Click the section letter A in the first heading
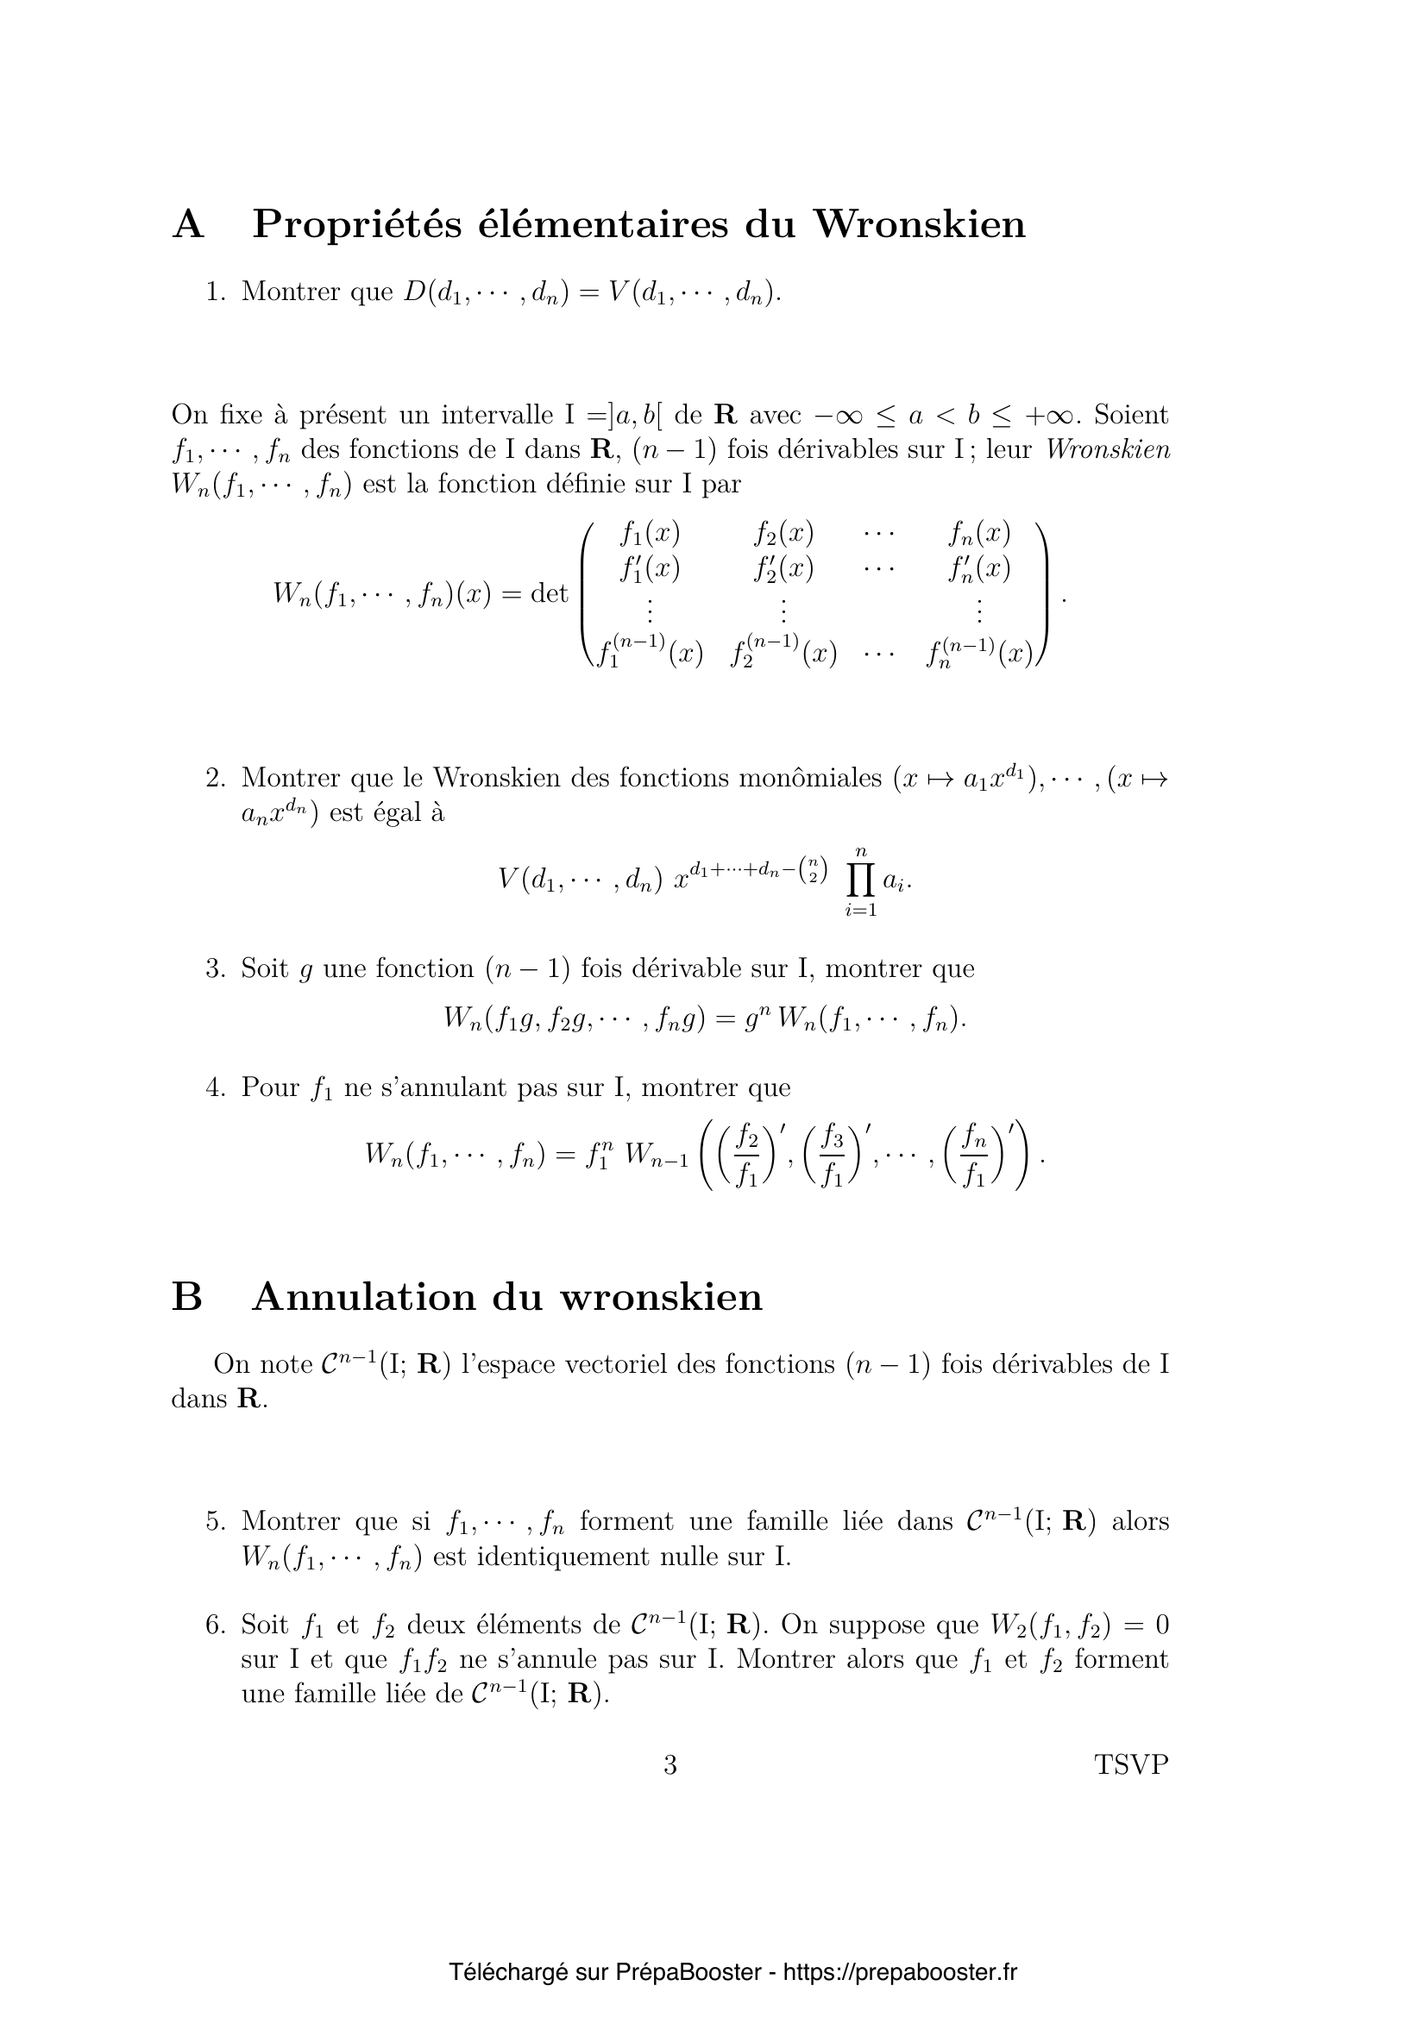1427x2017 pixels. point(188,224)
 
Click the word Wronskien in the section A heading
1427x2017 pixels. point(918,224)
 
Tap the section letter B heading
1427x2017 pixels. point(187,1298)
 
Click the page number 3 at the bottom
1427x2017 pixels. point(670,1765)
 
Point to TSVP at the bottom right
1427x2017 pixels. point(1132,1765)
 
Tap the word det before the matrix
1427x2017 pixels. point(550,594)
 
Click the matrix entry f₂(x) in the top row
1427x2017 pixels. point(783,533)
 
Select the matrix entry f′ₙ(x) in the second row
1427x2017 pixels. point(979,569)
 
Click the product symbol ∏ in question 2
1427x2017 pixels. point(862,880)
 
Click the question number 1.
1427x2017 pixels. point(216,291)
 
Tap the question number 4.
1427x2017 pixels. point(216,1087)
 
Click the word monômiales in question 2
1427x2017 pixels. point(810,779)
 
